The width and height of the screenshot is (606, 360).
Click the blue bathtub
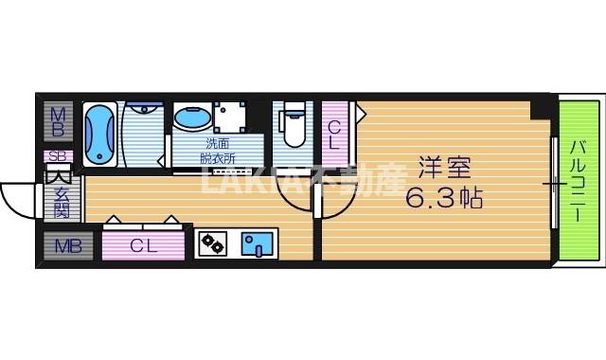pyautogui.click(x=99, y=135)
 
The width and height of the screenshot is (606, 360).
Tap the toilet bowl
pyautogui.click(x=294, y=131)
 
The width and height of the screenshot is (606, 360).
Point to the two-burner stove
pyautogui.click(x=212, y=245)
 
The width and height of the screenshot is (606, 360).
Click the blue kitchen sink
pyautogui.click(x=257, y=245)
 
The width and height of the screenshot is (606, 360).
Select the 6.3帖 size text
pyautogui.click(x=445, y=199)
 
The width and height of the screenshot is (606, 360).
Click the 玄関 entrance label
pyautogui.click(x=59, y=200)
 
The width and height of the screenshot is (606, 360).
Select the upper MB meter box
pyautogui.click(x=57, y=121)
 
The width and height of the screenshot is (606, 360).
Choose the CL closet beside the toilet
pyautogui.click(x=335, y=133)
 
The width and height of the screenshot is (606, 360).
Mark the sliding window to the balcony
pyautogui.click(x=551, y=180)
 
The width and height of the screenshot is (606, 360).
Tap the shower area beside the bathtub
pyautogui.click(x=142, y=133)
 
